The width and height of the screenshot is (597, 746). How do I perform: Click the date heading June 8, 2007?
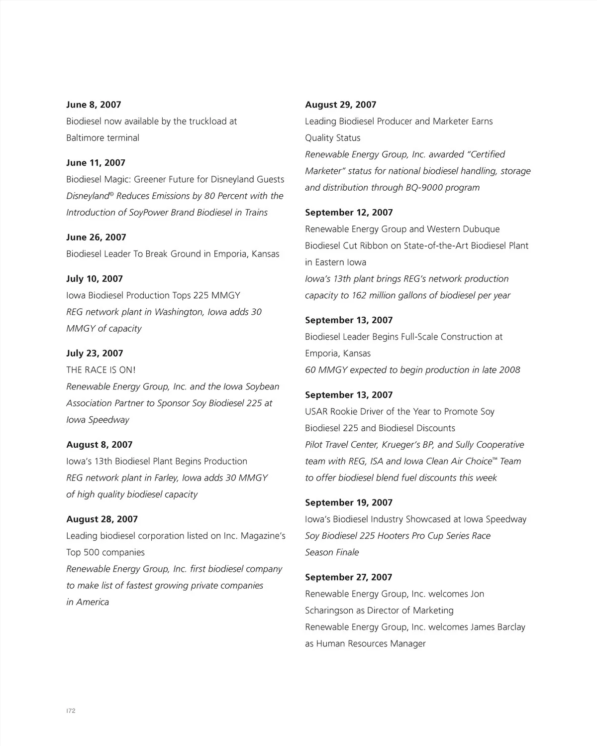point(94,105)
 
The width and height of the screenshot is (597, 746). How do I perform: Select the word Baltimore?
point(85,138)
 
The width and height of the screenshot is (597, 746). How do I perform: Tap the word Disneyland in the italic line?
point(88,196)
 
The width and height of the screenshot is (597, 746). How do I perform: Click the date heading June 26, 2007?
point(96,237)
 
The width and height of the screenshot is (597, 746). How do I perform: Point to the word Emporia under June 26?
point(231,254)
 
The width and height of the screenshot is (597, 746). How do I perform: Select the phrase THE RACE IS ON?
point(101,370)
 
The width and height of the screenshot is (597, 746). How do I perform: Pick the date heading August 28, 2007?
point(102,519)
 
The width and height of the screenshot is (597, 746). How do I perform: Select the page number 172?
point(71,711)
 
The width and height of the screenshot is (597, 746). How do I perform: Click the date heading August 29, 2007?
point(341,105)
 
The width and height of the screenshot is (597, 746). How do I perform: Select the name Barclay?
point(511,627)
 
